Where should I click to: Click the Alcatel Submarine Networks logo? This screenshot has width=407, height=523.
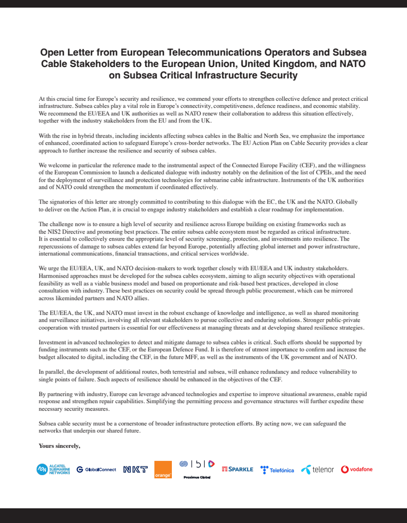pos(53,469)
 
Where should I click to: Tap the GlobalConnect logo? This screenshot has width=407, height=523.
pos(96,469)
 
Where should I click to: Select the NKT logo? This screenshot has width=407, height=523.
pos(135,469)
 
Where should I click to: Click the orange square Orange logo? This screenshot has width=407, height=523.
pos(163,470)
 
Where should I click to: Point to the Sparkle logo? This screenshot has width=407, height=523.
pos(237,469)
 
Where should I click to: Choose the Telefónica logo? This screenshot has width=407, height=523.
pos(277,470)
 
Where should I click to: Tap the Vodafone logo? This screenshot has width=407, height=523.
pos(357,469)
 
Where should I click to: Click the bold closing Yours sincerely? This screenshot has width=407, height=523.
pos(59,446)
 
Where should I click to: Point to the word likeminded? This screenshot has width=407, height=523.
pos(72,298)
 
